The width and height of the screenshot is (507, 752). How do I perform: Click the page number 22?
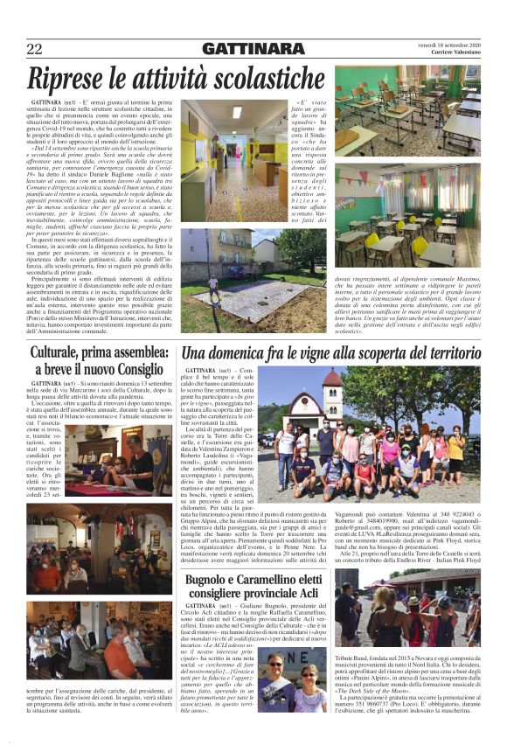pyautogui.click(x=35, y=48)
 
